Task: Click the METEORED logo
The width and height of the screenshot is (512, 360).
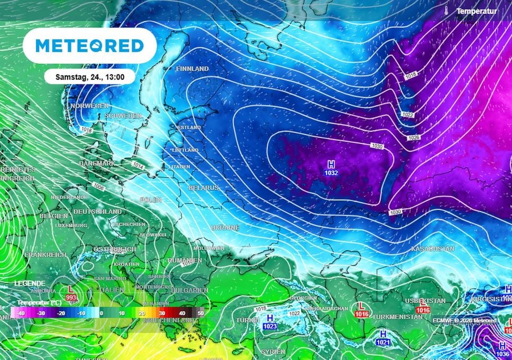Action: click(x=90, y=46)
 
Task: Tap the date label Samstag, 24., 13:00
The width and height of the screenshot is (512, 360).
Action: click(x=90, y=77)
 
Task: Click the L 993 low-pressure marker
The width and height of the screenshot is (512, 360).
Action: click(x=71, y=293)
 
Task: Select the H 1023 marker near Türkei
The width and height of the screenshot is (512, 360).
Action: click(x=270, y=322)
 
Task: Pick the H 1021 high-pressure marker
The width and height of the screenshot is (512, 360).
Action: click(x=382, y=338)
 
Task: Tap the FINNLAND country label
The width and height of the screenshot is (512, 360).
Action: click(x=192, y=69)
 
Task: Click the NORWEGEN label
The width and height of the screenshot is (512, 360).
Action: click(x=89, y=106)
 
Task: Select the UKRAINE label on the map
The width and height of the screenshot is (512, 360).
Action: click(x=225, y=227)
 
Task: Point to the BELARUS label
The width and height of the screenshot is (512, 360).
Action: click(x=203, y=188)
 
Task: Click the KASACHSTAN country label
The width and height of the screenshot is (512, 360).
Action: click(x=433, y=248)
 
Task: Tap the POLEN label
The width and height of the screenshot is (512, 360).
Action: click(x=151, y=200)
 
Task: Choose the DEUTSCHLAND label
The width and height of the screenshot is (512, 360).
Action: click(x=97, y=211)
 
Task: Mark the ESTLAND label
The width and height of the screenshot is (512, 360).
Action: click(x=189, y=127)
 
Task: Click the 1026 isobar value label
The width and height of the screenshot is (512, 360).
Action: click(x=415, y=138)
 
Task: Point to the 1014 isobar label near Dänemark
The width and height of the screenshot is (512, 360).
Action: click(x=138, y=166)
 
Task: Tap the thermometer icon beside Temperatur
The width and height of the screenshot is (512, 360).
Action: click(x=448, y=11)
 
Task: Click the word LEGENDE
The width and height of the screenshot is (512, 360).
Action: click(x=30, y=284)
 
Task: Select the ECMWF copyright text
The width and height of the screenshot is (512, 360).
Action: click(x=464, y=320)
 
